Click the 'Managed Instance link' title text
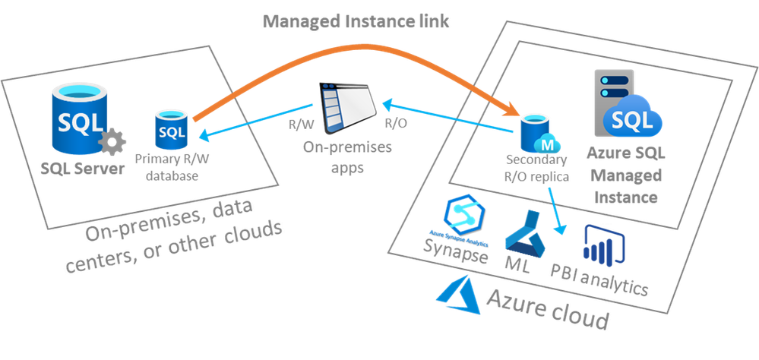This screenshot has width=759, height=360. pos(356,21)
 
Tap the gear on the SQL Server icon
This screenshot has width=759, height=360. pos(112,142)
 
